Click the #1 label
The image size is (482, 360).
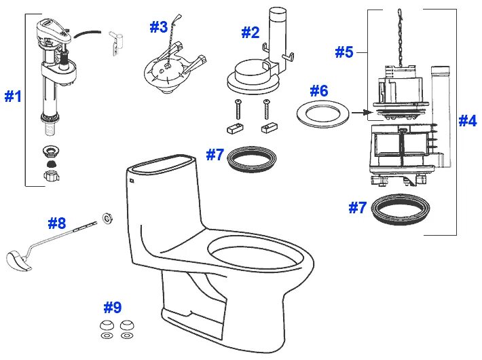(14, 96)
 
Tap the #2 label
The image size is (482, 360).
(251, 32)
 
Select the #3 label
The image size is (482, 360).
(158, 27)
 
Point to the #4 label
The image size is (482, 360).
(467, 121)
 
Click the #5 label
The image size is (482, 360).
(344, 52)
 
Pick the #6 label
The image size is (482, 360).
(319, 90)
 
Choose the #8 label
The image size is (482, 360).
(57, 223)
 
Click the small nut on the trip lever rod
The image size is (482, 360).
(107, 217)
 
